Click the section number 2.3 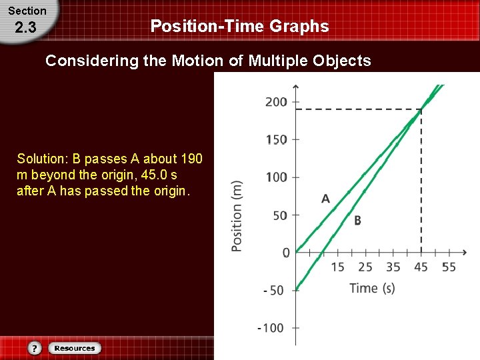coord(25,28)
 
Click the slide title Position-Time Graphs coord(239,27)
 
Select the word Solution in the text coord(41,159)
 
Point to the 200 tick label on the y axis coord(276,102)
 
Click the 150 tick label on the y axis coord(276,140)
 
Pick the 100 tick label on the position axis coord(276,177)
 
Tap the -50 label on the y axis coord(274,291)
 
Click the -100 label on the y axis coord(271,328)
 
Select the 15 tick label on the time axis coord(337,267)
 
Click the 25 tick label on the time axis coord(365,267)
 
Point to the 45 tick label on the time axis coord(421,267)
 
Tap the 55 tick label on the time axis coord(449,267)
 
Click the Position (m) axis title coord(237,216)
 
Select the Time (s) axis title coord(372,288)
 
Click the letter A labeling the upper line coord(325,199)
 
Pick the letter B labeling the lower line coord(357,221)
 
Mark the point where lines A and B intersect coord(421,109)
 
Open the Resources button coord(74,348)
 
